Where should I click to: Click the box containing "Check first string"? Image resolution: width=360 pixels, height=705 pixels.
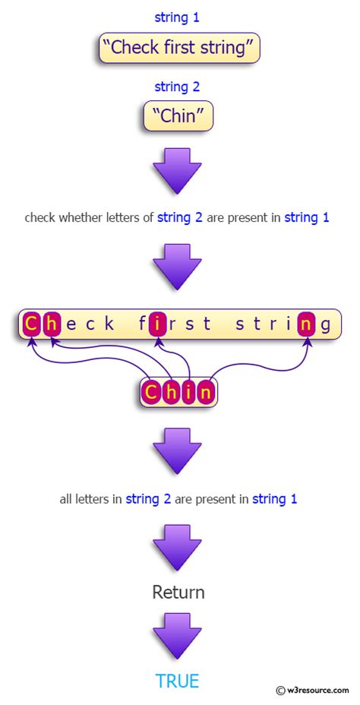point(179,47)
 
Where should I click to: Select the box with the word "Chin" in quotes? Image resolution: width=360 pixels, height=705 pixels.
point(178,115)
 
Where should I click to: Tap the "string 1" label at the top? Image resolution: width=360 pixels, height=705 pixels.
point(177,17)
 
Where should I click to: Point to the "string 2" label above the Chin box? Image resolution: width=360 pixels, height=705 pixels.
point(177,87)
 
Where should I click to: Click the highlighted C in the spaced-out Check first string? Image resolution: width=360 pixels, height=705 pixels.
point(30,324)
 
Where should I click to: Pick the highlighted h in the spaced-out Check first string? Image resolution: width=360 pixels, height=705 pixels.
point(52,324)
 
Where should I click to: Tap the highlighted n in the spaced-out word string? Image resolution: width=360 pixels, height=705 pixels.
point(306,324)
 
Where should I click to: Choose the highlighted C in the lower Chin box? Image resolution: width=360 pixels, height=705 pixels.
point(153,393)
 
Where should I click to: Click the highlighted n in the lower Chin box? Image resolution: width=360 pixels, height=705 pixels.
point(205,393)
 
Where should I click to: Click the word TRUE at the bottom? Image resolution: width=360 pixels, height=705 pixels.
point(177,681)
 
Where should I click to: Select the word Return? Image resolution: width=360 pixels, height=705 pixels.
point(178,592)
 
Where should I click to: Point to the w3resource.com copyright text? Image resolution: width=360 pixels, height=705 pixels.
point(313,690)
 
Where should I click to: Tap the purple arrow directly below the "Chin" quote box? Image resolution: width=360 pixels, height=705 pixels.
point(177,171)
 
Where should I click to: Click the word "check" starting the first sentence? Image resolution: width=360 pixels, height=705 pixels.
point(39,218)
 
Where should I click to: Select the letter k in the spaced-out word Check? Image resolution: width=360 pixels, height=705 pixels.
point(109,324)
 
